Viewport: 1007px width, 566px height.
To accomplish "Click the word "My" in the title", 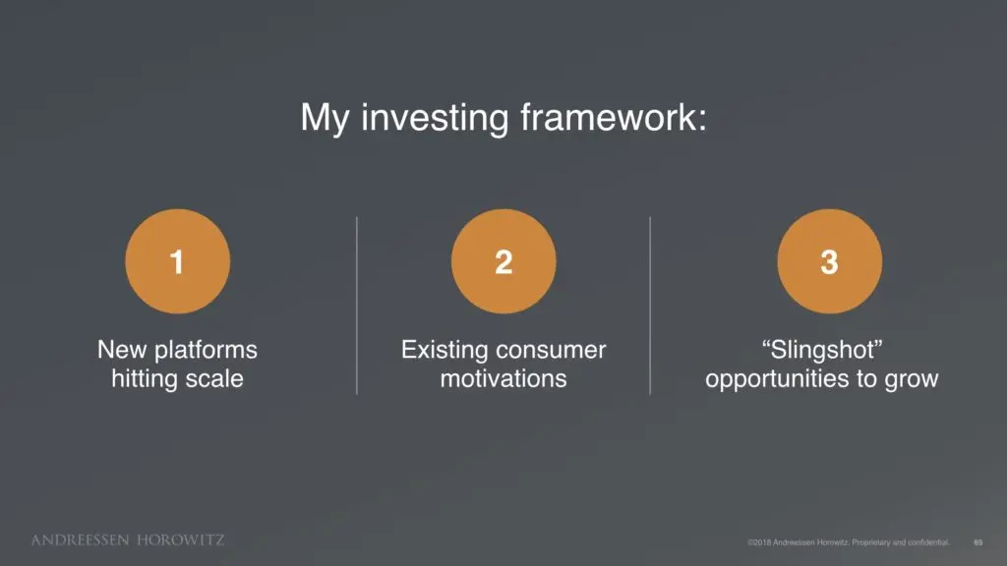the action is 325,119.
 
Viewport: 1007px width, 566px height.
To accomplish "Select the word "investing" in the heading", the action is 434,119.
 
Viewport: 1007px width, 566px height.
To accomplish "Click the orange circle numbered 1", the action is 177,261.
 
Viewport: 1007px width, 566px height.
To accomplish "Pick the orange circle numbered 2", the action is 503,261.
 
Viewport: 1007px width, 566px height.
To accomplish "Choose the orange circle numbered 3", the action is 830,261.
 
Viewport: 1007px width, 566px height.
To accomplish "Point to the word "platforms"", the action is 206,351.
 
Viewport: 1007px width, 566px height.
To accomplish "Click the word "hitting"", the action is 145,379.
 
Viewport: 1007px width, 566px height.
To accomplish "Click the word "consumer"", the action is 551,351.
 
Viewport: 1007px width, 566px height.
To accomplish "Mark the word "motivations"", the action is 503,378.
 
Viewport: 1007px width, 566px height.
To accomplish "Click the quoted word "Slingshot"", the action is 822,351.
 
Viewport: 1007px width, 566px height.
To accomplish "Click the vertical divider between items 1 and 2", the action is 356,306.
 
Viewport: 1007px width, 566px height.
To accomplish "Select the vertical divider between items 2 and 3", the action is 650,306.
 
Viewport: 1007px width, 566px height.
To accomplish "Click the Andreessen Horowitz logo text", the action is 128,539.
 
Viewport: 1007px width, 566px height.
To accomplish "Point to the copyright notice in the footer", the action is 849,542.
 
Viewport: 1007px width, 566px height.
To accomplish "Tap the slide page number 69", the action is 978,542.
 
